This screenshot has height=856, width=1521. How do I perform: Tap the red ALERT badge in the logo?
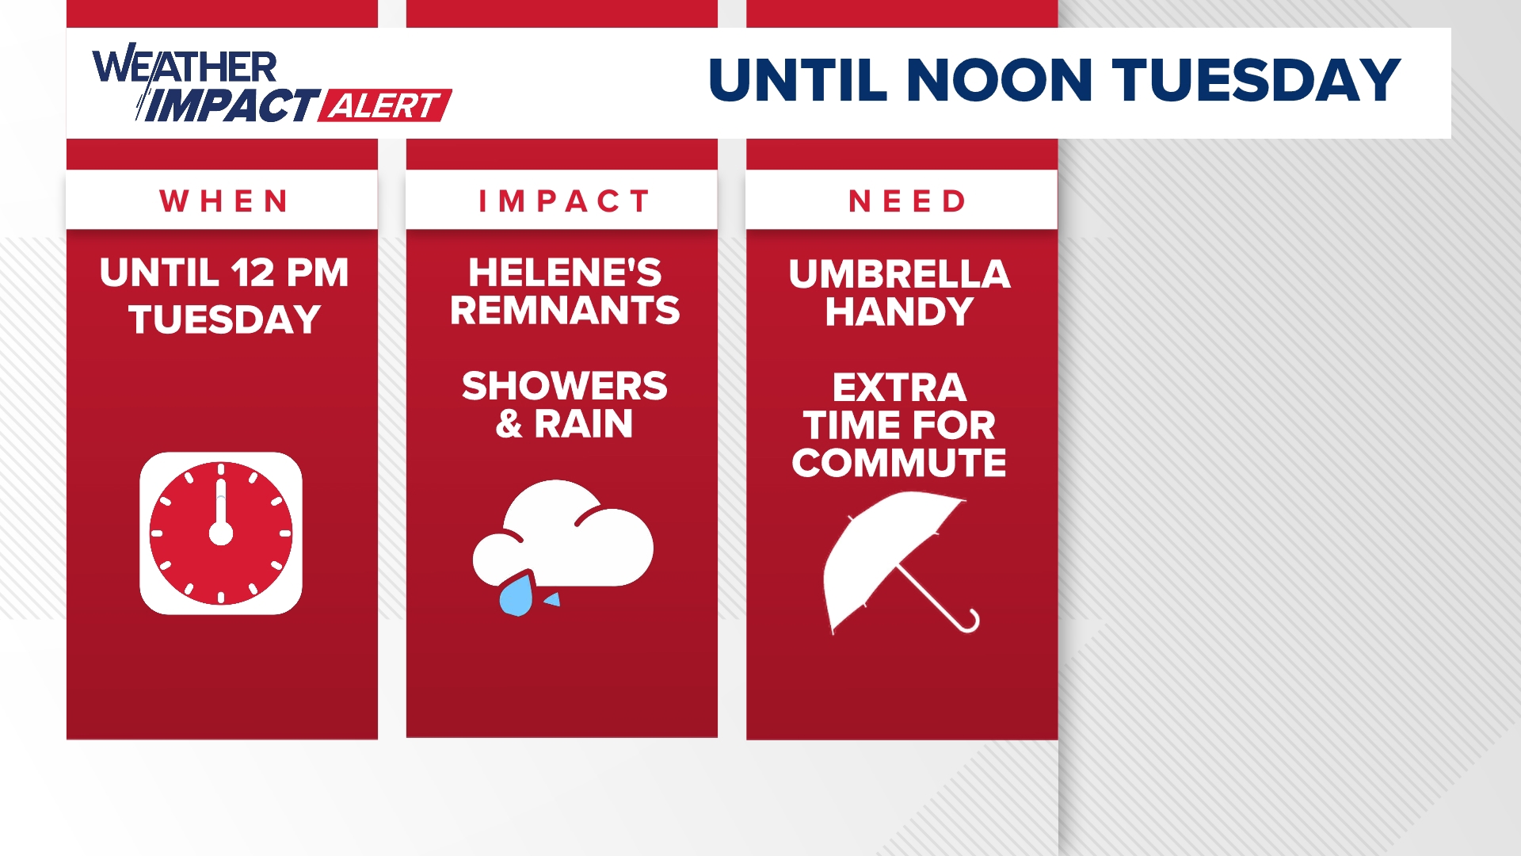[384, 105]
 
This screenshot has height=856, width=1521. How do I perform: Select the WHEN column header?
[223, 201]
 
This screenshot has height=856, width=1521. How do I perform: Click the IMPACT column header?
[563, 201]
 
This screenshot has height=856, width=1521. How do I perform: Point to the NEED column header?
[907, 201]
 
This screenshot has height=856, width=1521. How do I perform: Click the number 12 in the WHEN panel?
[253, 273]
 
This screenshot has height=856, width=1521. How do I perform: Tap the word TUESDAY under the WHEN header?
[224, 320]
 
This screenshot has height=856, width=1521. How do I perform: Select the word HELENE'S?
[564, 273]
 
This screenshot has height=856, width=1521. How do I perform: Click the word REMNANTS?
[564, 311]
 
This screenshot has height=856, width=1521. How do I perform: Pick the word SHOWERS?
[564, 387]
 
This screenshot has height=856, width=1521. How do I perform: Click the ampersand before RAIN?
[509, 424]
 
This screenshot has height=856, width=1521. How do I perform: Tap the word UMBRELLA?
[899, 274]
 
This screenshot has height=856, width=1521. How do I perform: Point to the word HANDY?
[899, 311]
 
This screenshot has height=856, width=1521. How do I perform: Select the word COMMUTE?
[899, 463]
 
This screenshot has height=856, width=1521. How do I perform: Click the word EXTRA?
[899, 388]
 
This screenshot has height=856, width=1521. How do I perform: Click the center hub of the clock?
[221, 533]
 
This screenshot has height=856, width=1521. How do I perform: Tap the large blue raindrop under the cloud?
[517, 596]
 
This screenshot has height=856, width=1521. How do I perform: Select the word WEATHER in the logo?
[185, 66]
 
